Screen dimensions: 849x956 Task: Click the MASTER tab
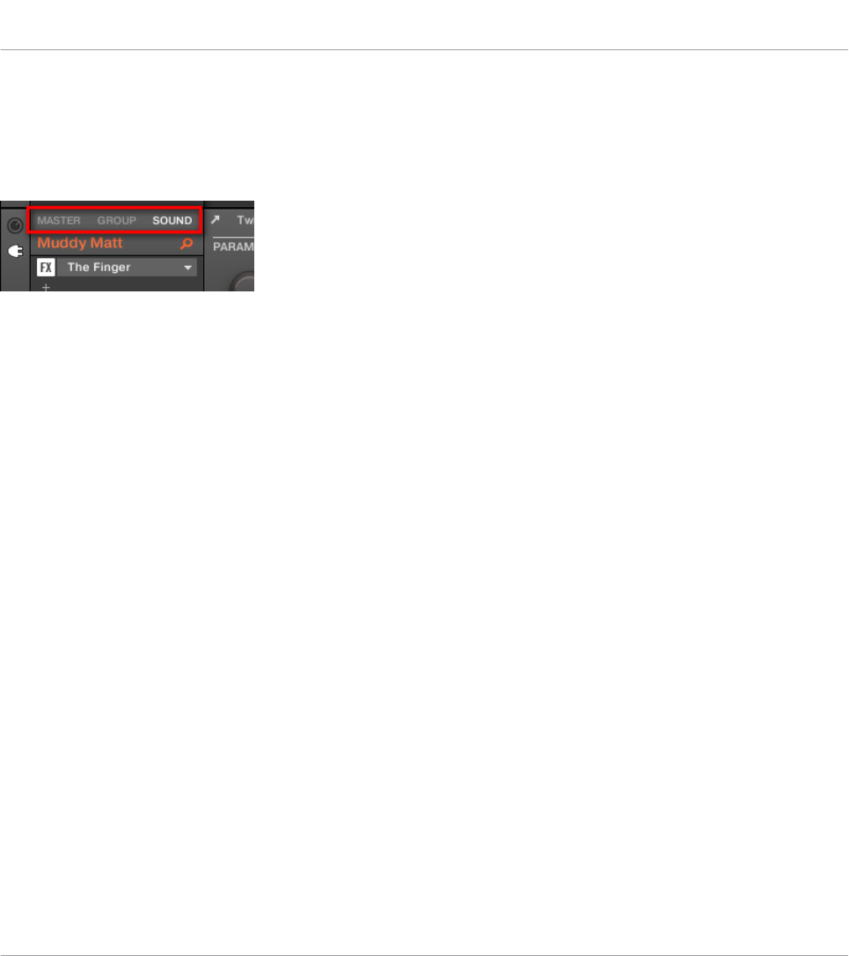click(x=58, y=220)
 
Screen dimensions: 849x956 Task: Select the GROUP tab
click(x=117, y=220)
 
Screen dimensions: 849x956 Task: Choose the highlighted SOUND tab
click(x=172, y=220)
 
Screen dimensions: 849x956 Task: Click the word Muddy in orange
click(x=62, y=243)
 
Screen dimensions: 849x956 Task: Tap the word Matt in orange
click(x=106, y=243)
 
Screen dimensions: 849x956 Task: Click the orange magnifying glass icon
click(x=186, y=243)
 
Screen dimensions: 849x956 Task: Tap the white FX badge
click(x=46, y=267)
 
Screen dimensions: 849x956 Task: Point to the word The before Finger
click(x=78, y=267)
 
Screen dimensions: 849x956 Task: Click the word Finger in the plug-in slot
click(x=112, y=267)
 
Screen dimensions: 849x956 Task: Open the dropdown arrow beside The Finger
click(x=187, y=267)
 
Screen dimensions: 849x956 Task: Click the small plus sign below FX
click(x=46, y=287)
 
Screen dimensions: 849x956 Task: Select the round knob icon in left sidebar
click(x=15, y=225)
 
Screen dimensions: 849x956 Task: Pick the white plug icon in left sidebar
click(x=15, y=252)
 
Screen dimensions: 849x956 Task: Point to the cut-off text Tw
click(x=245, y=220)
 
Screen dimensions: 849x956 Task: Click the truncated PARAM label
click(x=234, y=248)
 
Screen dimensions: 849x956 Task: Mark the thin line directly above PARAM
click(x=234, y=237)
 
